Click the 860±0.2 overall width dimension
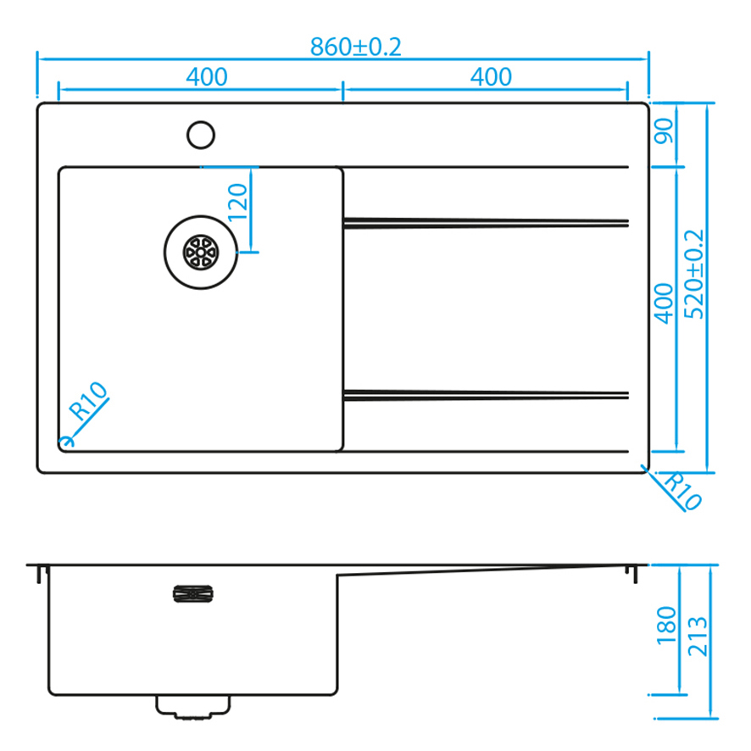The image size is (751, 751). (355, 47)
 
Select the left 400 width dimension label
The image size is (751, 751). (207, 76)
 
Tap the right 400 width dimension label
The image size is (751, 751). (491, 76)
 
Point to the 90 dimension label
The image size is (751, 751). (664, 131)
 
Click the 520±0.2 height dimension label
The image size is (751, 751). (694, 275)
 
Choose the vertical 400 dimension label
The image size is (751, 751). (664, 303)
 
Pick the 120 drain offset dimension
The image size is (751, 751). (237, 202)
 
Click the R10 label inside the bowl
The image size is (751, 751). (87, 400)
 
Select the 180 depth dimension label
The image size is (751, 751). (667, 626)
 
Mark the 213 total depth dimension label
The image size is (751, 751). (698, 637)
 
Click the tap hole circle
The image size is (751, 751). (201, 121)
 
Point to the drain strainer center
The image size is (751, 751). (201, 253)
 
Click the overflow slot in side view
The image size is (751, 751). (193, 594)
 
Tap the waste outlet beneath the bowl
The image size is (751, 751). (193, 707)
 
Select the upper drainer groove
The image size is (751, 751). (486, 223)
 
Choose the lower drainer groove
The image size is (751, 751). (486, 395)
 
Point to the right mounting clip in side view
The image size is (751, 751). (631, 574)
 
